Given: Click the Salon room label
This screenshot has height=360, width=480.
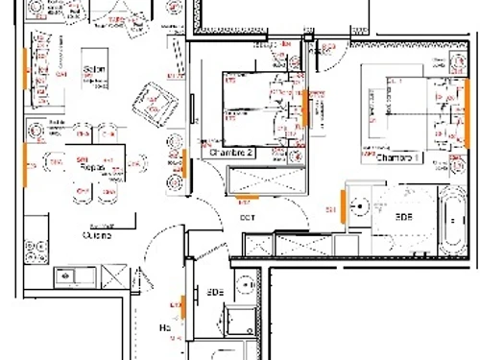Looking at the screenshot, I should (93, 70).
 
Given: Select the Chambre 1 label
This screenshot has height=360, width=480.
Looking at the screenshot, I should (398, 157).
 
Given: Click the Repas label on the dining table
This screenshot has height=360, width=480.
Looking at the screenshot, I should (92, 166).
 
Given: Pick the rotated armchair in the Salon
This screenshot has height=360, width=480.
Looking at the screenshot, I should (157, 102).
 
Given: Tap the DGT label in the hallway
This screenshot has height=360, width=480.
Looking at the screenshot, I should (247, 217).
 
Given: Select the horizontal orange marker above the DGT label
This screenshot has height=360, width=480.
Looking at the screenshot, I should (246, 199).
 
